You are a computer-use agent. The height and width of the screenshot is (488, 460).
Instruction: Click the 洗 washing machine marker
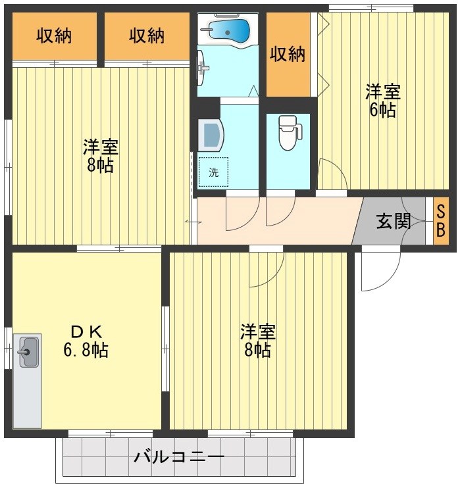213,172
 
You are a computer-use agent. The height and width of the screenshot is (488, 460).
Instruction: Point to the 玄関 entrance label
393,221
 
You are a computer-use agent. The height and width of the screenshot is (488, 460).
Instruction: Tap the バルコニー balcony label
179,456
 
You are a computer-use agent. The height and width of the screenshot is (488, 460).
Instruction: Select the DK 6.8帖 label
86,341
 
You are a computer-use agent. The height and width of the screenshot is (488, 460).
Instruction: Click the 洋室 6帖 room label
382,101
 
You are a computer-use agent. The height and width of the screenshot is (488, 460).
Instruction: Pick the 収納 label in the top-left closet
53,36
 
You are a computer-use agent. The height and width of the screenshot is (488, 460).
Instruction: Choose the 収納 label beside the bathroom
288,53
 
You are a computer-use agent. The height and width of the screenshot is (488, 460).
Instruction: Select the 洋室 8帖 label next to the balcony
257,341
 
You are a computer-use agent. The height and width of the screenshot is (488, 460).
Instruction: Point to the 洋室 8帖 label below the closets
100,156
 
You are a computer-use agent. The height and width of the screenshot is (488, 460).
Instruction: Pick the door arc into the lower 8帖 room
267,270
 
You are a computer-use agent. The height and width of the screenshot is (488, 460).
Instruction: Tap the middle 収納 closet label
146,36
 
